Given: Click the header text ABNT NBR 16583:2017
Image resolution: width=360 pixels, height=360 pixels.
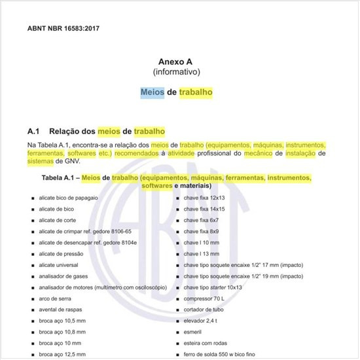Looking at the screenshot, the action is (64, 29).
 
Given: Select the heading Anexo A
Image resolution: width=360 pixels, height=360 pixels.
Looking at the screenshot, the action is (176, 60).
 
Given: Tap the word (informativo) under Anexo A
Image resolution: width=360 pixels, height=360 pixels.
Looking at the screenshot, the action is (176, 71).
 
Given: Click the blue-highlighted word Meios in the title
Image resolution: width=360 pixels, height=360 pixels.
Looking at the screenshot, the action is (153, 92).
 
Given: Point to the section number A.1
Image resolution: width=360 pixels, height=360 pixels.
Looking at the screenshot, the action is (35, 131).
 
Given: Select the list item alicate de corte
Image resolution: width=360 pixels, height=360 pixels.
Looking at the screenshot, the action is (58, 220).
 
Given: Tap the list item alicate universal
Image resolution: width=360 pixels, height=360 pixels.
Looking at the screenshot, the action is (59, 265).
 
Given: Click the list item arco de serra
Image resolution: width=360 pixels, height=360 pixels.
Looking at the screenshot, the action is (55, 299).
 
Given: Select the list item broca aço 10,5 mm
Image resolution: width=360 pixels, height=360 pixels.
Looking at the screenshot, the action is (61, 321).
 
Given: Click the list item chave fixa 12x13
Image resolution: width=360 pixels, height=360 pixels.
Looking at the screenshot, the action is (204, 197).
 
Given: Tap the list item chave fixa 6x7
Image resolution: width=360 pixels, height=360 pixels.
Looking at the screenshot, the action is (202, 220).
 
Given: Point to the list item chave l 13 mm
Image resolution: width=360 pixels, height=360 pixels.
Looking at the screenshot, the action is (201, 254).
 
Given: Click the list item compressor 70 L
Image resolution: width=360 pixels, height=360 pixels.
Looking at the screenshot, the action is (204, 299).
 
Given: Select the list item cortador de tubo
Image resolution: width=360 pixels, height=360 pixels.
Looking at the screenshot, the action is (204, 310).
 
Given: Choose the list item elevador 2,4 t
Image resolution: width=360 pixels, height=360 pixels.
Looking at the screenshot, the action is (202, 321).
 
